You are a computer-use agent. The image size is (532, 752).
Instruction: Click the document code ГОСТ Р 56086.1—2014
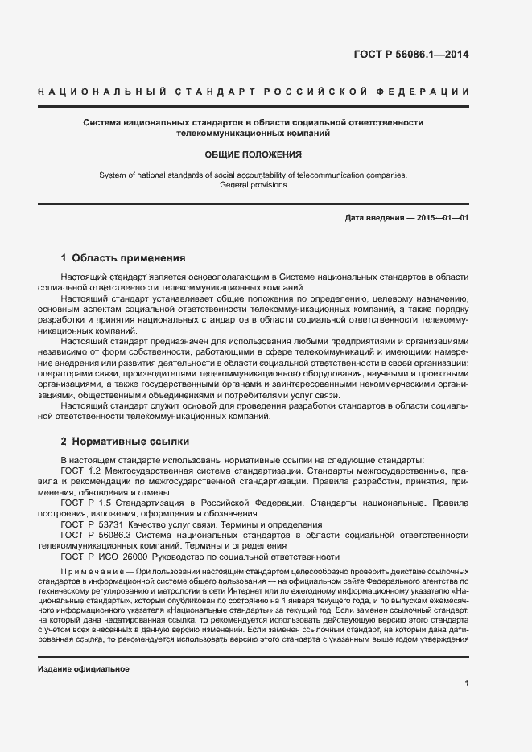point(410,55)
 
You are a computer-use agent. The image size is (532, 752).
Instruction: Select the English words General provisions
point(253,184)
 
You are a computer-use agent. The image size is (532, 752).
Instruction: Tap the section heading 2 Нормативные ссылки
point(125,442)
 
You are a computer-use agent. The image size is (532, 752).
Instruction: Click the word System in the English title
point(113,175)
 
